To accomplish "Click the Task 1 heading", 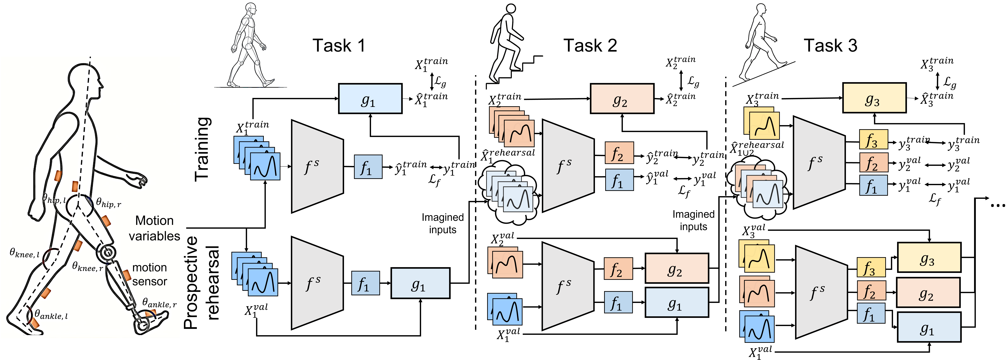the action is pyautogui.click(x=338, y=46).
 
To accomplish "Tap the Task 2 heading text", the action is pyautogui.click(x=590, y=46).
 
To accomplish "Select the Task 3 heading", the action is pyautogui.click(x=830, y=46).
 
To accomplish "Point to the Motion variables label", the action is pyautogui.click(x=154, y=228).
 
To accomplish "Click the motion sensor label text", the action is pyautogui.click(x=150, y=274).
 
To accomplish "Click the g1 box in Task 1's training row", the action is pyautogui.click(x=370, y=98).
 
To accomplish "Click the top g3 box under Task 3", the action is pyautogui.click(x=874, y=98).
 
